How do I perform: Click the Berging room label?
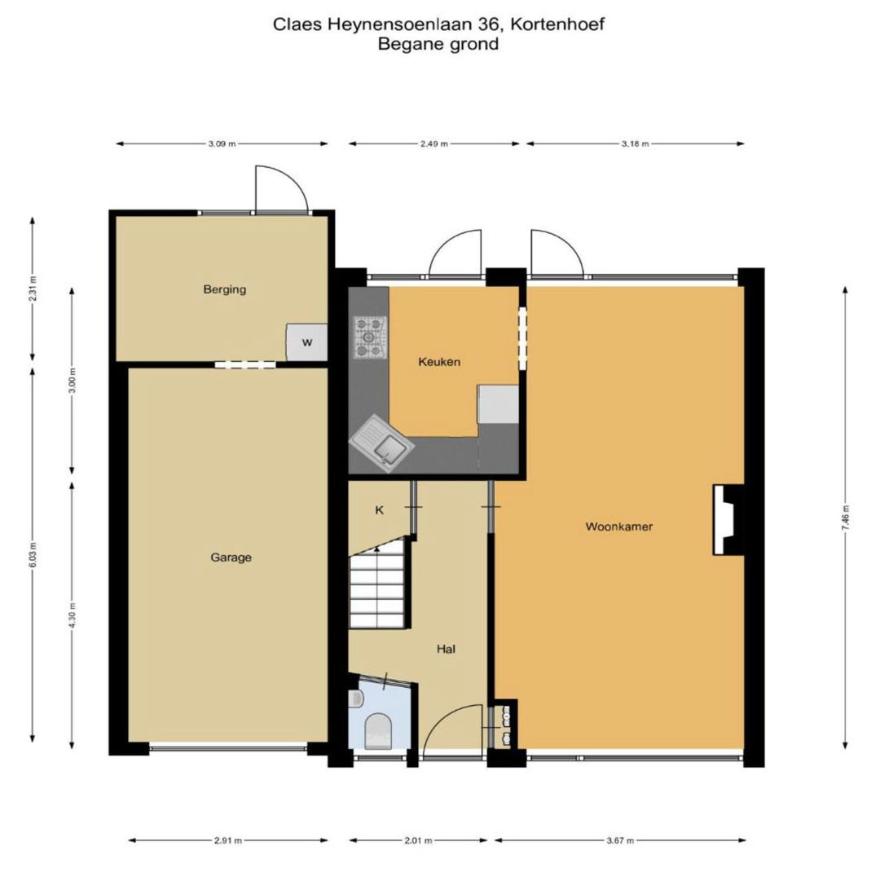(x=225, y=289)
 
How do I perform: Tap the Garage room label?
(x=231, y=558)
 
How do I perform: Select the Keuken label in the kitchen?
(x=439, y=361)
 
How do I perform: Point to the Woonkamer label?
(x=619, y=527)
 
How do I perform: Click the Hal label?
(x=446, y=649)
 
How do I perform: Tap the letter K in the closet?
(x=379, y=510)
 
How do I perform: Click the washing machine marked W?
(x=306, y=342)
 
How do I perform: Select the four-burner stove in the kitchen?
(x=370, y=337)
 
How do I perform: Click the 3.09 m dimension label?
(x=221, y=144)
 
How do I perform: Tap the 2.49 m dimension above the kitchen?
(x=434, y=144)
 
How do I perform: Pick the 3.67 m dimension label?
(x=619, y=840)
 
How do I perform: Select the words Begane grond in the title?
(x=438, y=44)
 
